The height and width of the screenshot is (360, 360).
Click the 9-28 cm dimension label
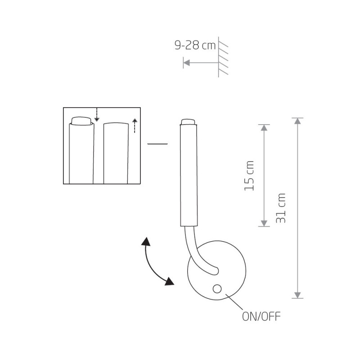point(195,45)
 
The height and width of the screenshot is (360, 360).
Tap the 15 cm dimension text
point(249,176)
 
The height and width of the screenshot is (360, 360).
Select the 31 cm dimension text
point(281,208)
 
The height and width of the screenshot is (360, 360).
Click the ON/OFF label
point(261,316)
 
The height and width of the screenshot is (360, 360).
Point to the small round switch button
point(217,289)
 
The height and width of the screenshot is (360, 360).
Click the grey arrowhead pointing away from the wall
point(186,63)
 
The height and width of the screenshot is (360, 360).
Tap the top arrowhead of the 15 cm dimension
point(264,128)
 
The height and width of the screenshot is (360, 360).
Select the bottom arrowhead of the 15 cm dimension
point(264,223)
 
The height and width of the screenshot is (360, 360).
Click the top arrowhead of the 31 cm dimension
point(297,121)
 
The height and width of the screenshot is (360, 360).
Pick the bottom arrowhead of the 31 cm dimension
point(297,295)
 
